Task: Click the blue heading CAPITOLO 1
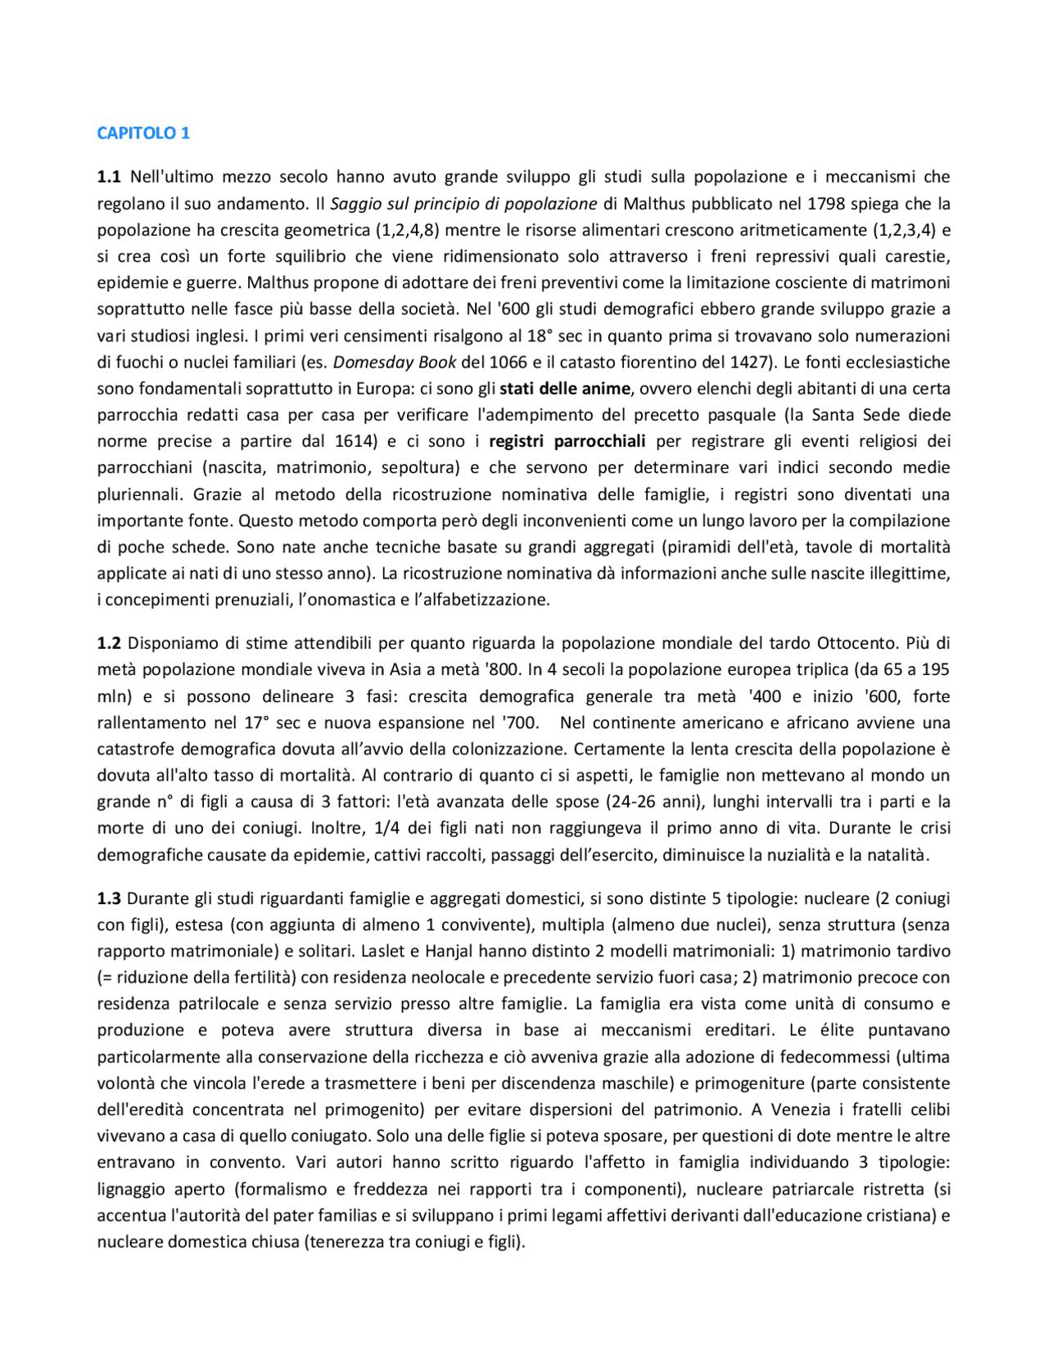(x=143, y=133)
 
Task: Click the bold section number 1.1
(x=109, y=177)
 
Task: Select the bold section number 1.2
(x=109, y=643)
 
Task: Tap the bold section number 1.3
(x=109, y=898)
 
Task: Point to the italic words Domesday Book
(x=394, y=362)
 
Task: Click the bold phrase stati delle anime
(x=565, y=389)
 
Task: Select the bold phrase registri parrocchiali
(x=567, y=442)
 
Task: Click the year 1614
(x=355, y=442)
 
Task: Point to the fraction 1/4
(x=388, y=828)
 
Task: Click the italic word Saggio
(x=355, y=204)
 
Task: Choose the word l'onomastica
(x=315, y=600)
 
